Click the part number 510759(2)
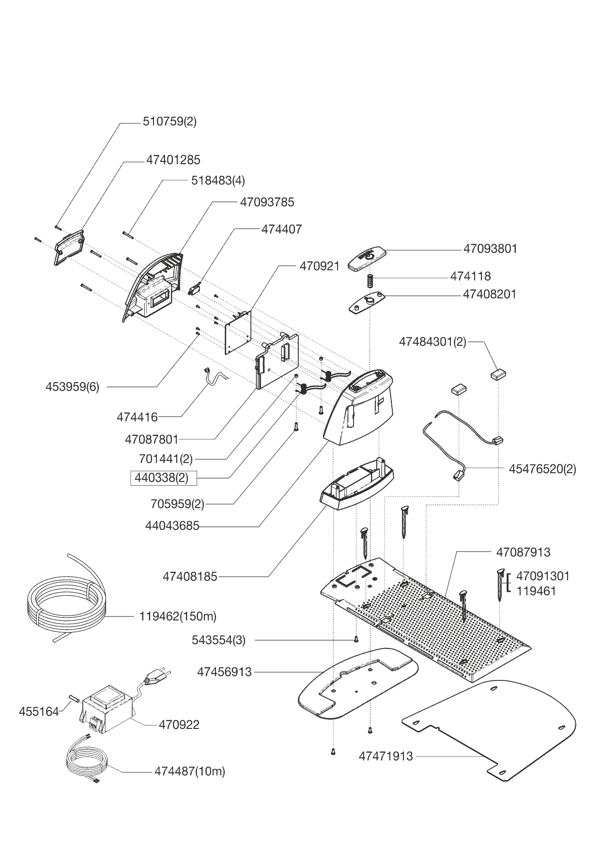tap(170, 121)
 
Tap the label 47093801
tap(490, 249)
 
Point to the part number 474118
tap(470, 276)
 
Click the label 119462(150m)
tap(178, 617)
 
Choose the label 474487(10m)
tap(190, 771)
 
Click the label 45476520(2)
tap(542, 469)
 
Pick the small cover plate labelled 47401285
tap(69, 248)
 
